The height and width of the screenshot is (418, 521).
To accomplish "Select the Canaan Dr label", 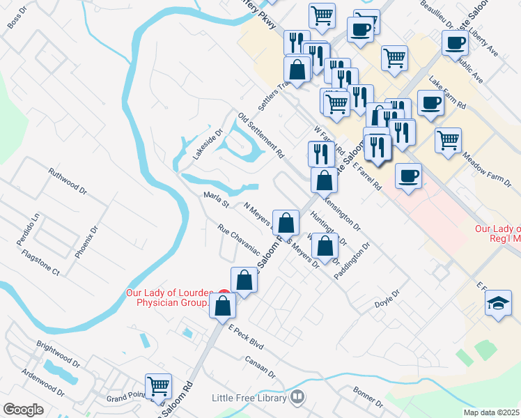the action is (260, 368).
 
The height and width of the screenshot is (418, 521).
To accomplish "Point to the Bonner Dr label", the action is (367, 397).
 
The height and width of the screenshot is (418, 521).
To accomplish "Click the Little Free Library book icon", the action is (298, 396).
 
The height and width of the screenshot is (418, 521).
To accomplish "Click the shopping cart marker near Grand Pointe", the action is (159, 385).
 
